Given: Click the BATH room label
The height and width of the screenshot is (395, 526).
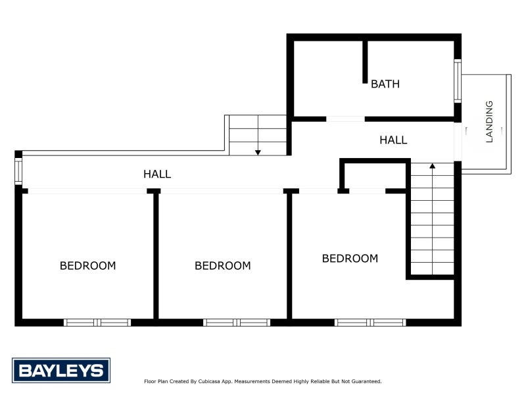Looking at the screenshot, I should click(x=385, y=84).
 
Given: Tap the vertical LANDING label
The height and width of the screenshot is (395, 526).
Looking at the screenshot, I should click(x=489, y=122).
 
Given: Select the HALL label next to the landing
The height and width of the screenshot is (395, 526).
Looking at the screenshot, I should click(x=393, y=140).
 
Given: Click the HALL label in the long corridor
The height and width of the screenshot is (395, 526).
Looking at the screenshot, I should click(x=157, y=174).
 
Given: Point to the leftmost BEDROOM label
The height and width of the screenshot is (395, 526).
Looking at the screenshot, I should click(x=87, y=266).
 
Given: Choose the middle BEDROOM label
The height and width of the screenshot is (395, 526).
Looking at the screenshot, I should click(x=222, y=266).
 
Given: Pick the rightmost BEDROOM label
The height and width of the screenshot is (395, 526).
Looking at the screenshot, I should click(x=350, y=259).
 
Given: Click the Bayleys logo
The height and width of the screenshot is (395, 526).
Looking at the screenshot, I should click(x=61, y=370).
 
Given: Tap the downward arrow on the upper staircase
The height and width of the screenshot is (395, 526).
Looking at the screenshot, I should click(x=258, y=151).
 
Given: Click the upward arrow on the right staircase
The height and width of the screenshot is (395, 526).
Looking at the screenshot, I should click(x=432, y=167).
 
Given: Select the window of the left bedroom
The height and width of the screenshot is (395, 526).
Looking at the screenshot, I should click(x=97, y=323).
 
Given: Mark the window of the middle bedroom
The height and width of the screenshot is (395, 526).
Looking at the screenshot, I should click(x=237, y=323).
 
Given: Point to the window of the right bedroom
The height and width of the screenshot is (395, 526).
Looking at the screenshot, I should click(x=370, y=323).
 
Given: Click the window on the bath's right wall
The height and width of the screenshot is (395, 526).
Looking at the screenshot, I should click(x=458, y=81).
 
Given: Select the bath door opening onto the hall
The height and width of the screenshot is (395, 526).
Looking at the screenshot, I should click(x=345, y=119).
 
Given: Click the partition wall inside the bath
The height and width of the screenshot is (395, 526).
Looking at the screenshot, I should click(x=365, y=63).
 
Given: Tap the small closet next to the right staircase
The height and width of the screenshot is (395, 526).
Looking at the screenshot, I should click(x=373, y=175).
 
